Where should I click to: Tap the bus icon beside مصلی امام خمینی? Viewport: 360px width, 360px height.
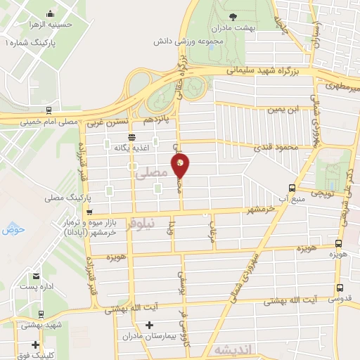coord(48,110)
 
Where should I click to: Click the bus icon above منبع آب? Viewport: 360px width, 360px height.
coord(292,188)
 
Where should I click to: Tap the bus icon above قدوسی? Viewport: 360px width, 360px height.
coord(340,288)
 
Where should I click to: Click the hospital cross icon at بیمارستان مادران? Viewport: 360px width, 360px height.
coord(148,325)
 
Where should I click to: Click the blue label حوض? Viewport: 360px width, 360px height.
coord(13,229)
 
